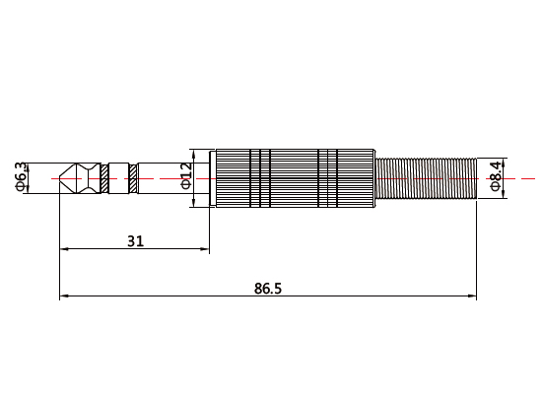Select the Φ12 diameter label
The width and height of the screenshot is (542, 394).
186,178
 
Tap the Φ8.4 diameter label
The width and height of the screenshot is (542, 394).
495,178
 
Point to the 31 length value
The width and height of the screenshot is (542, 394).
136,239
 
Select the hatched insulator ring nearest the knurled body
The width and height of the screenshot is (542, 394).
133,178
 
